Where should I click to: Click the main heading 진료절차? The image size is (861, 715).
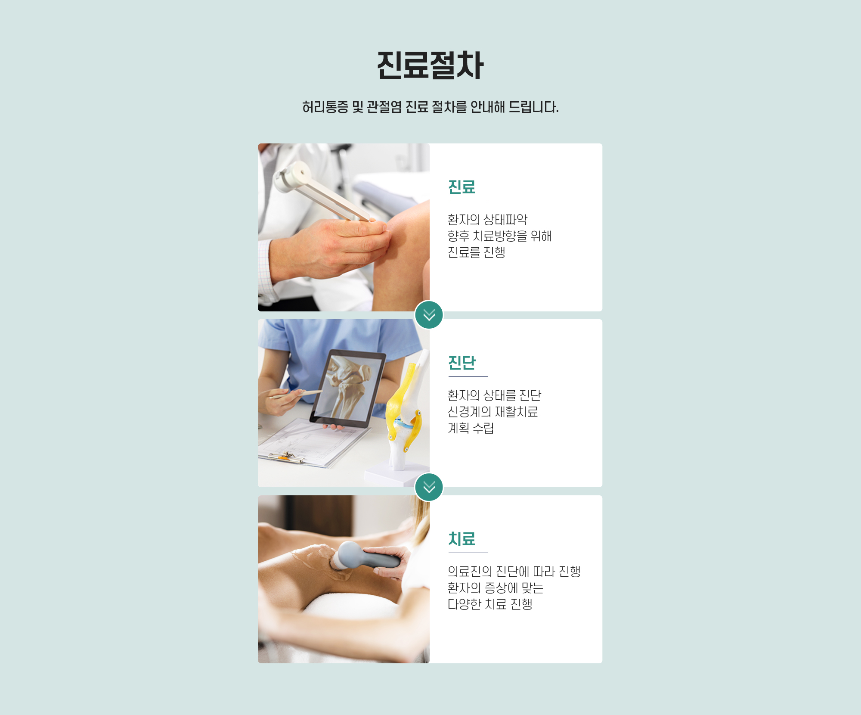430,65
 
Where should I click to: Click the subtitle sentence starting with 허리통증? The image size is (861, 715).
430,107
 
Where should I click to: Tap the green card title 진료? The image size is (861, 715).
461,187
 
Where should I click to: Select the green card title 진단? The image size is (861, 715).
461,363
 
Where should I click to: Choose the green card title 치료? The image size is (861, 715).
461,539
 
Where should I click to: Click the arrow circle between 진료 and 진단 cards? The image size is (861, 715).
429,315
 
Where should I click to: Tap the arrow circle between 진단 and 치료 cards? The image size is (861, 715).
429,487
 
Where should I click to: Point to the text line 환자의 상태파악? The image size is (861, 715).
487,220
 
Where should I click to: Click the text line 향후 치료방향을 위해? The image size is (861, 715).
499,236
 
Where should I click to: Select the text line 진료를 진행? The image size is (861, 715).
476,252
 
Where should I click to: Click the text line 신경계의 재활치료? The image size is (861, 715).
492,412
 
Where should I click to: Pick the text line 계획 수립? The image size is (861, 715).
471,428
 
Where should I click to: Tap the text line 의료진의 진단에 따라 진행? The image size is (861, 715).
514,572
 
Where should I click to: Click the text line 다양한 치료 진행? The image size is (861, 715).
490,604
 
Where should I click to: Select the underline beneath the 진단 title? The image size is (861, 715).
468,376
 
